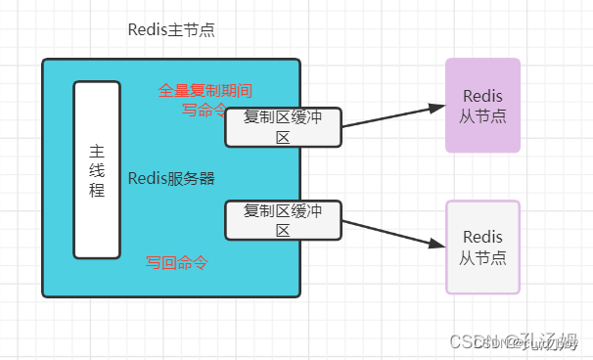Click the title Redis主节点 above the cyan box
point(171,29)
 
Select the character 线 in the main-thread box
point(97,170)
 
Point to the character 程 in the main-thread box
point(97,190)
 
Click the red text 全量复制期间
point(205,91)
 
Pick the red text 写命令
point(204,110)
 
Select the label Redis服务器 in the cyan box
point(171,178)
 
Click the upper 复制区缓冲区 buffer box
point(283,127)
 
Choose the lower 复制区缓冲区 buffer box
point(283,220)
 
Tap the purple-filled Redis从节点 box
point(482,106)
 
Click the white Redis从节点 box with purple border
point(482,247)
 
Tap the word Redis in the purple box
point(482,96)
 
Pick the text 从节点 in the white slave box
point(482,257)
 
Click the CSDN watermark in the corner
point(515,340)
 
